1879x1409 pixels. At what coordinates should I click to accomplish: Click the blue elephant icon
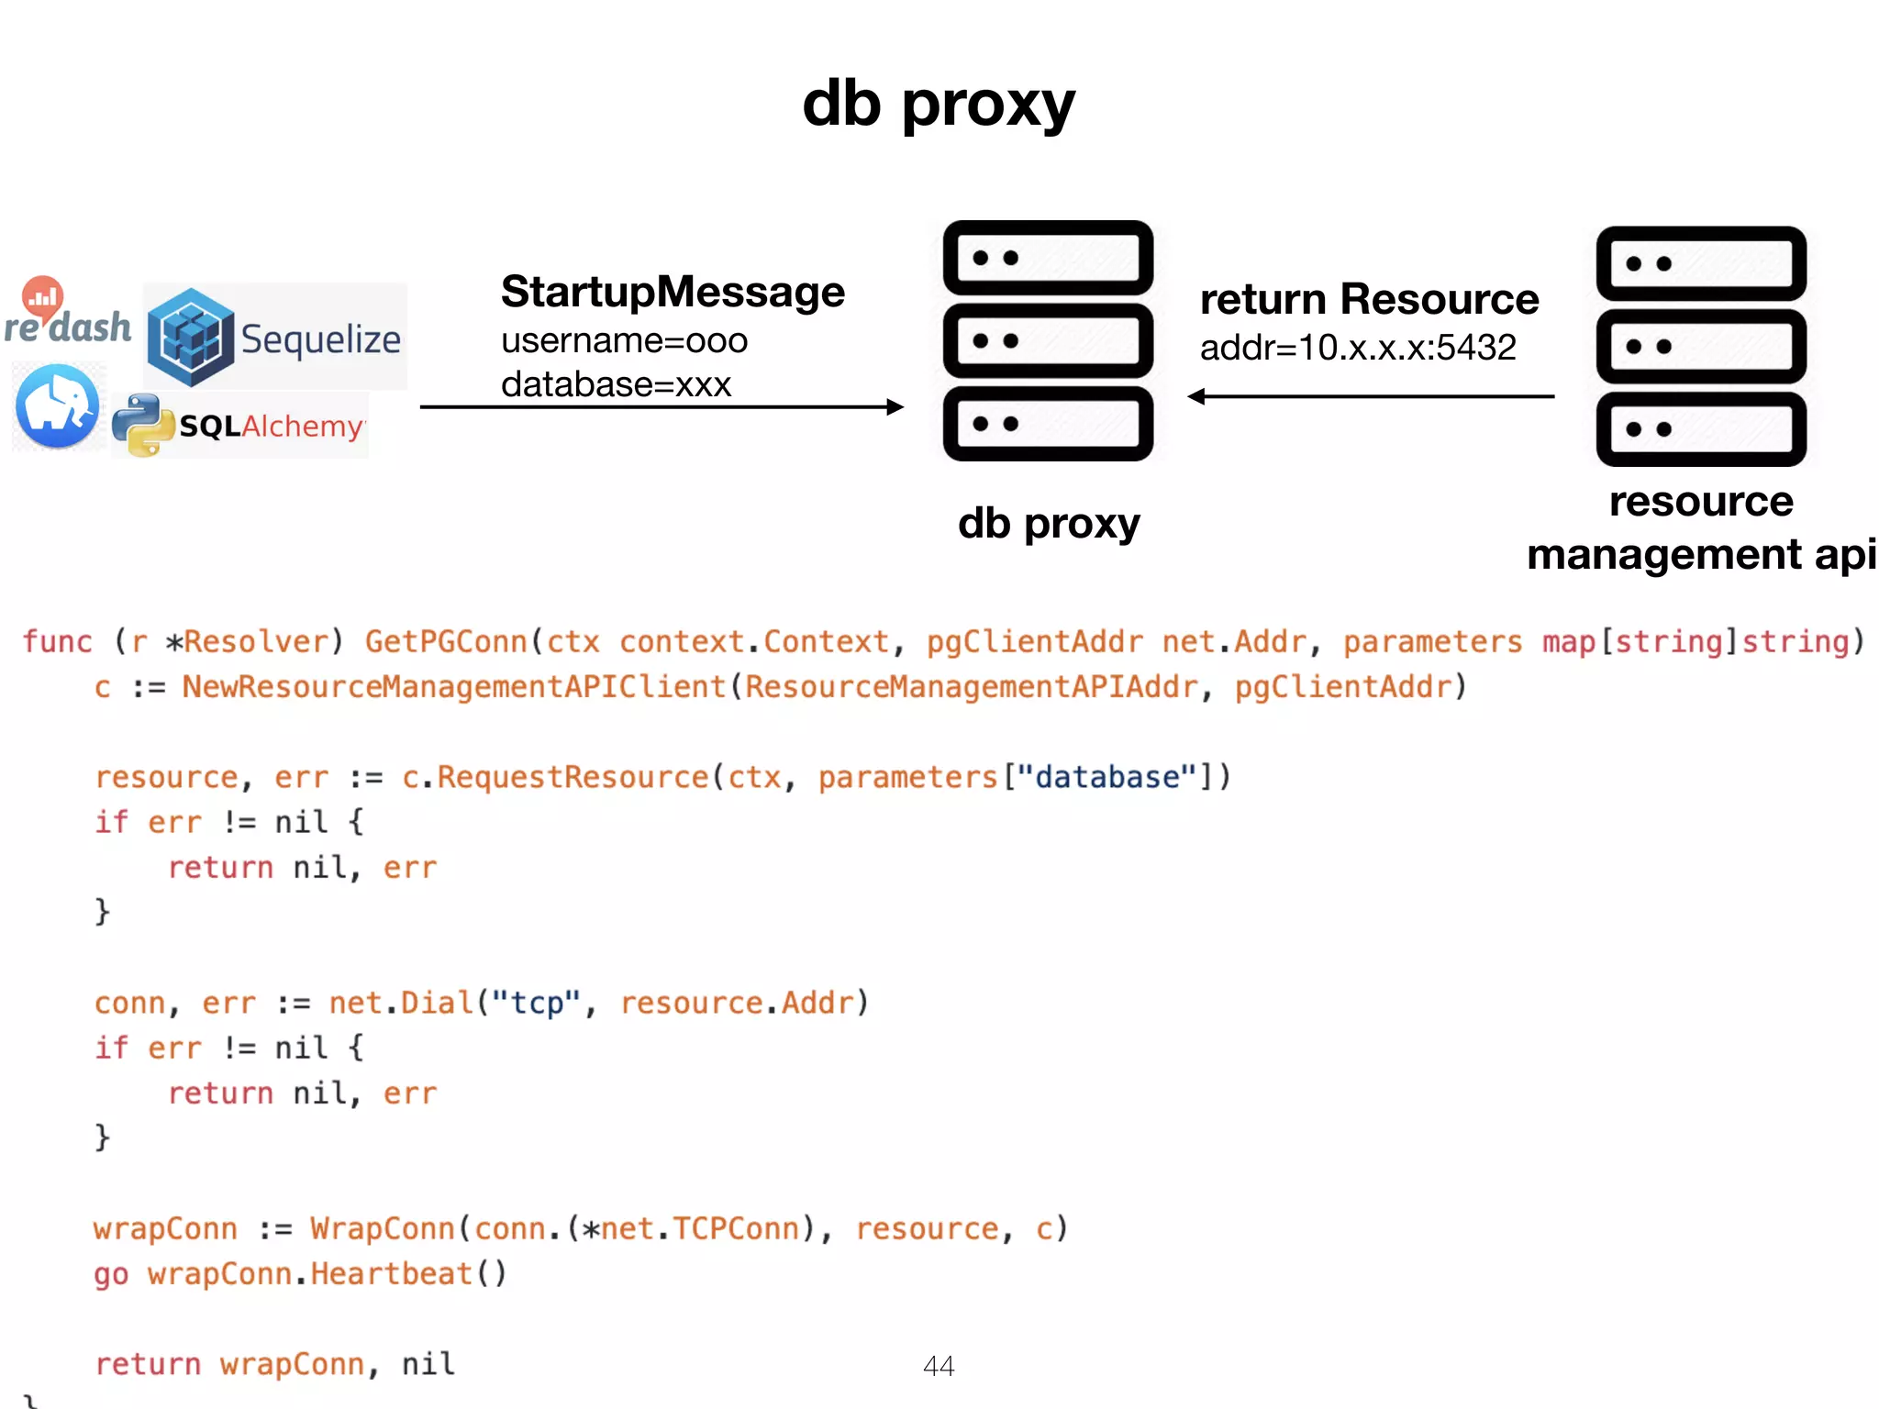coord(58,406)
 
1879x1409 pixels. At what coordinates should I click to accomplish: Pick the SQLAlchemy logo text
coord(271,427)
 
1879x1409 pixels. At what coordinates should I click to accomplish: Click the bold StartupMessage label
coord(673,293)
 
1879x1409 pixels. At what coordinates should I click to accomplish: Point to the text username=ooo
coord(624,341)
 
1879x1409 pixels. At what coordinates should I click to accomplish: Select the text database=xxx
coord(616,384)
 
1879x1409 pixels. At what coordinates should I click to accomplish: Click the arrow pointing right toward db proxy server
coord(661,407)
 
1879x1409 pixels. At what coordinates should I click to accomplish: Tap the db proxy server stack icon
coord(1048,340)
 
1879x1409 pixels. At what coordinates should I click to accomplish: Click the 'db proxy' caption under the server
coord(1048,524)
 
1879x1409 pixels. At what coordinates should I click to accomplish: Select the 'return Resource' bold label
coord(1369,300)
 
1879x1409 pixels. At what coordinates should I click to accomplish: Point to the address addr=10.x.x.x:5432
coord(1358,348)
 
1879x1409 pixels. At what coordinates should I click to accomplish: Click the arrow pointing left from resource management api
coord(1371,396)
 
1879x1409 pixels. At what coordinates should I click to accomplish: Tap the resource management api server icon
coord(1701,346)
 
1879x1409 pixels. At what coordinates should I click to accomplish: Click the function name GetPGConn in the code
coord(446,641)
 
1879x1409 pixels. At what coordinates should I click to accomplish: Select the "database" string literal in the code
coord(1106,777)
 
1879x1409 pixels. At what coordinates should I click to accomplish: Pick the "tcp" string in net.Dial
coord(536,1003)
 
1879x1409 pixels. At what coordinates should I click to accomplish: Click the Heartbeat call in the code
coord(391,1274)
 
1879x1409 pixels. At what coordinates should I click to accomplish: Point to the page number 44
coord(939,1366)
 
